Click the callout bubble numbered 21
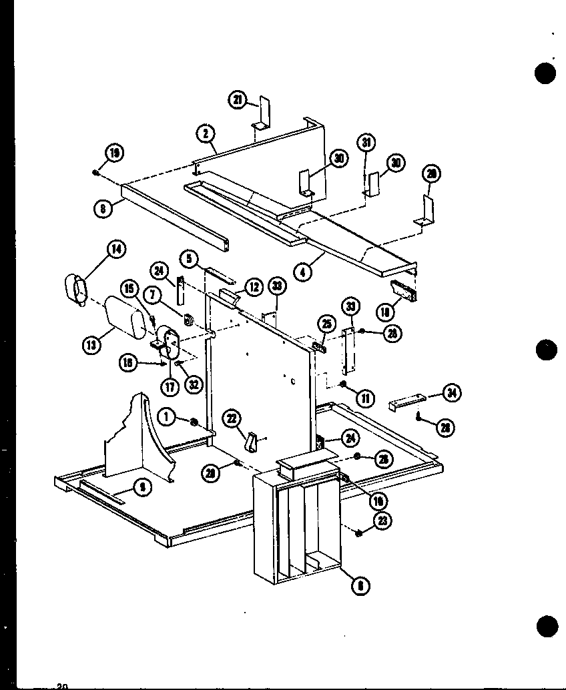coord(238,101)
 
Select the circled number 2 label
coord(206,133)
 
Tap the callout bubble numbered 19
coord(115,153)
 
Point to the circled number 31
coord(366,142)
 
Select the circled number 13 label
coord(91,345)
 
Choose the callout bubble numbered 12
coord(254,287)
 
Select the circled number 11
coord(365,398)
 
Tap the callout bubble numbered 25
coord(325,325)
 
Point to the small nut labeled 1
coord(194,420)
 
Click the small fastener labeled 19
coord(96,173)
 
